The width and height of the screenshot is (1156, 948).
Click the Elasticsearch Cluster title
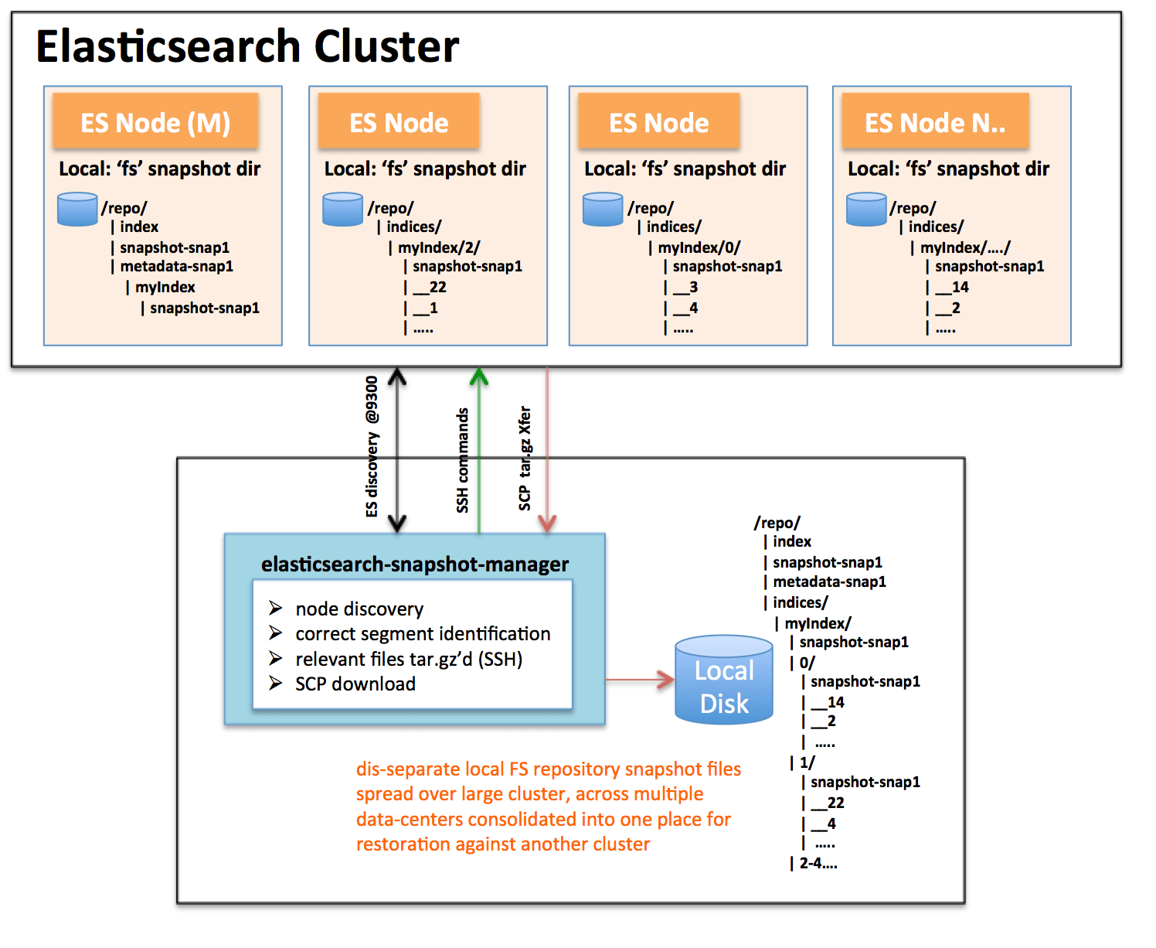tap(247, 46)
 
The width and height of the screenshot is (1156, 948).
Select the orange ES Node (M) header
tap(155, 122)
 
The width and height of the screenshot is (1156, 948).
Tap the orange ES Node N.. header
tap(935, 122)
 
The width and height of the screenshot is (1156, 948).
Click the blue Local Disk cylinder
tap(724, 680)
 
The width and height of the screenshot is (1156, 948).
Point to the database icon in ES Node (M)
tap(77, 210)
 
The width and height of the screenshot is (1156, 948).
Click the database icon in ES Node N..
tap(866, 210)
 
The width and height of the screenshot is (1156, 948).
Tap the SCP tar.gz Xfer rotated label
tap(525, 458)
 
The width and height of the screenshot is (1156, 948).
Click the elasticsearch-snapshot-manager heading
tap(414, 564)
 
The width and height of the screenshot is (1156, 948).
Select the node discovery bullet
tap(359, 609)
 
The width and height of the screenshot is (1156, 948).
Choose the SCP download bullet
tap(355, 684)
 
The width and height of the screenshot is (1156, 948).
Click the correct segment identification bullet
tap(422, 634)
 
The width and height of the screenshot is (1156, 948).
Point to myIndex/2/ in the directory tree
tap(438, 247)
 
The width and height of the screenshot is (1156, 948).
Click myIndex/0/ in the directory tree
tap(699, 247)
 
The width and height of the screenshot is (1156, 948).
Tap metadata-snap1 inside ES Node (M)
tap(176, 267)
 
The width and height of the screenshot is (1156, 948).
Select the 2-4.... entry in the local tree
tap(818, 864)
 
